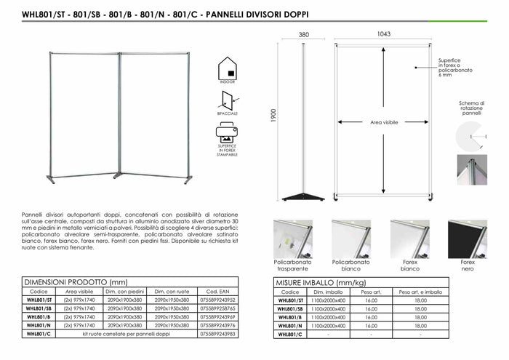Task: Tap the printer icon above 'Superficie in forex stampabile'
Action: [229, 134]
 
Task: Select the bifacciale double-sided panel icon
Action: [229, 100]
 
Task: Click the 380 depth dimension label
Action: [304, 35]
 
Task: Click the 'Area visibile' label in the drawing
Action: [384, 123]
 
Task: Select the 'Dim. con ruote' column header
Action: [171, 290]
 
